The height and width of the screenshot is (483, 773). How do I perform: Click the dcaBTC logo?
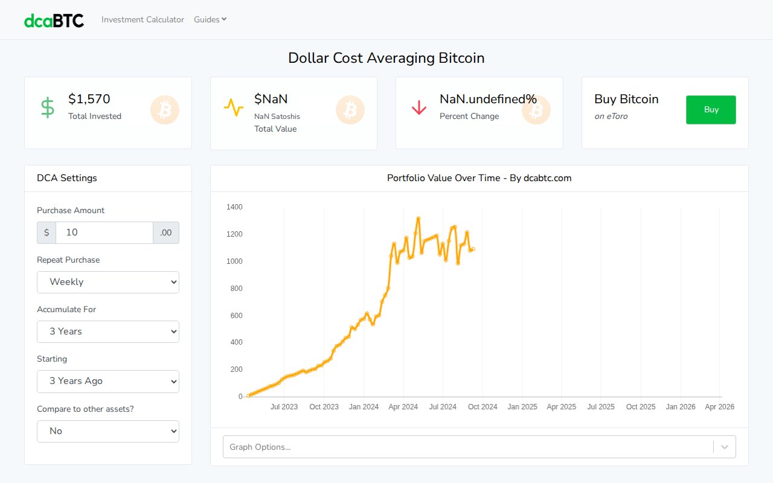coord(54,20)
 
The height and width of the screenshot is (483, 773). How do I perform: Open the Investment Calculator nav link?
coord(143,19)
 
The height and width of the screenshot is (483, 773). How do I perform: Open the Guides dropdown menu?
coord(210,19)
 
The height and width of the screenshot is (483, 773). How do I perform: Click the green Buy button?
coord(711,110)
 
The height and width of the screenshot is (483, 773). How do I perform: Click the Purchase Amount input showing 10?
coord(104,232)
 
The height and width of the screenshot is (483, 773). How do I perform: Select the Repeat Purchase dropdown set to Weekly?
coord(108,282)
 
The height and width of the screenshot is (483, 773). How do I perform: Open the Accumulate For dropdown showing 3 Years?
coord(108,331)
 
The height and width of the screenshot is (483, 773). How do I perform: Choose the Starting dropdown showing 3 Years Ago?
coord(108,381)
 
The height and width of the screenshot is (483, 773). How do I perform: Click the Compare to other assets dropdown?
coord(108,431)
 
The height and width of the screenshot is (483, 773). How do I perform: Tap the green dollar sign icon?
coord(47,107)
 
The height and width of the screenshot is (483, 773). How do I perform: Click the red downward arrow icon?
coord(419,108)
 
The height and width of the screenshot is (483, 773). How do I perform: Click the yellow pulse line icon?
coord(233,107)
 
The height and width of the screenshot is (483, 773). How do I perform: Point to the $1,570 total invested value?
coord(89,99)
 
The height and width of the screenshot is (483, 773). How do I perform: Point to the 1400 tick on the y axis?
coord(234,207)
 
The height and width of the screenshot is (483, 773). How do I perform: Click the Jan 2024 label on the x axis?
coord(364,407)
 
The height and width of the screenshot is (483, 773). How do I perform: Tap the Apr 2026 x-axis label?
coord(719,407)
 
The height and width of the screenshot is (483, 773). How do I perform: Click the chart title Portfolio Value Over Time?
coord(479,178)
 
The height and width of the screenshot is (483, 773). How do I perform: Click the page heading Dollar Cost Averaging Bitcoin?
coord(386,58)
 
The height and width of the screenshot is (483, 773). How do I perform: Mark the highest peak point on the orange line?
coord(419,219)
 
